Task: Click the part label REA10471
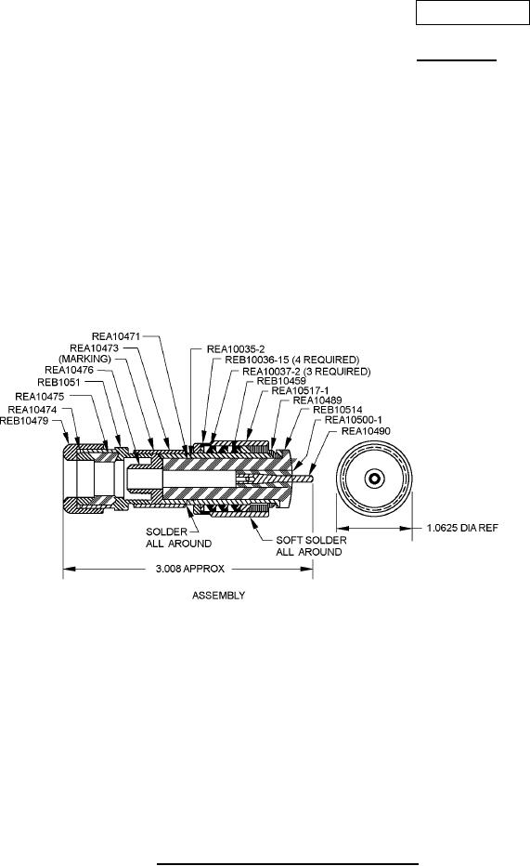(116, 336)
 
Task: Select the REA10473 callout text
(94, 348)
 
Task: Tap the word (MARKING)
(85, 359)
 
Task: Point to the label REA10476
(69, 370)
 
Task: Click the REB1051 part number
(59, 382)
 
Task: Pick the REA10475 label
(40, 397)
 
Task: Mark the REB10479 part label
(24, 421)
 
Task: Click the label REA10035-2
(236, 349)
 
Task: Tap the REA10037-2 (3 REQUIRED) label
(306, 372)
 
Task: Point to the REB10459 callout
(282, 381)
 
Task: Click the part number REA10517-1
(300, 391)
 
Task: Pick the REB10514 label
(338, 411)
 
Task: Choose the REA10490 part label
(367, 431)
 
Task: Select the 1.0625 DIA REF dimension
(463, 528)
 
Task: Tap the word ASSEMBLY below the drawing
(218, 596)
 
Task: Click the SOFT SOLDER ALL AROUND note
(311, 546)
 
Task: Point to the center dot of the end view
(375, 479)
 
